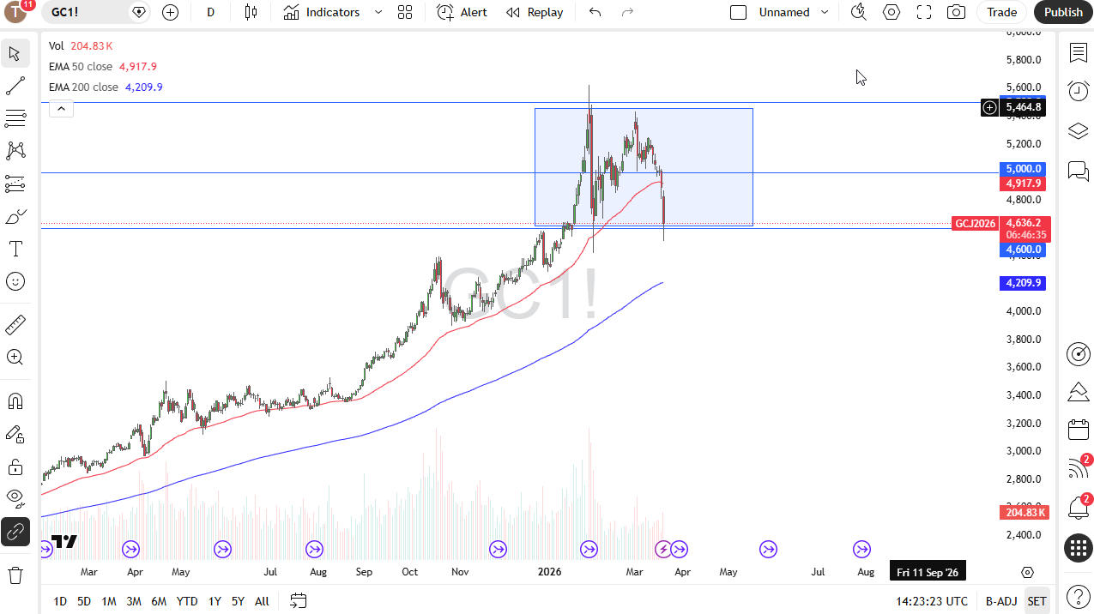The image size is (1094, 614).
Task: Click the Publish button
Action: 1063,12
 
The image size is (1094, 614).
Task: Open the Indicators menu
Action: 323,12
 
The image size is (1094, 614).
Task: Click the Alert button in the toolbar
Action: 462,12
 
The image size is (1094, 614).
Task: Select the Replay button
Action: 535,12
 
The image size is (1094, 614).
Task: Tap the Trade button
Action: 1001,12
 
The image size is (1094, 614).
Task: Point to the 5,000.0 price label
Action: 1024,169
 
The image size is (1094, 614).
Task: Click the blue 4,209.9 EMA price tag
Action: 1024,283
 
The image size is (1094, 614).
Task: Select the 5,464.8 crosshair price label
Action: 1024,107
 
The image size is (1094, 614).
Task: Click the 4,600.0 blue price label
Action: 1024,250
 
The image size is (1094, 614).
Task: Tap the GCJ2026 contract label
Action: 976,224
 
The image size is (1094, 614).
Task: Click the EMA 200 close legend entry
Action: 83,87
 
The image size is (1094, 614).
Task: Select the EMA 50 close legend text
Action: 81,66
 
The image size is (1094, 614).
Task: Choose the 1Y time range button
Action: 215,601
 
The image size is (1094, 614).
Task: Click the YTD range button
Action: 186,601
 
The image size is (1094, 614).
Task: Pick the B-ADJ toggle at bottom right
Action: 1000,601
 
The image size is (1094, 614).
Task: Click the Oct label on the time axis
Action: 409,572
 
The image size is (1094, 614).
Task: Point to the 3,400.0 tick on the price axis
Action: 1024,395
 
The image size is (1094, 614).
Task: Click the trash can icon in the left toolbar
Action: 15,575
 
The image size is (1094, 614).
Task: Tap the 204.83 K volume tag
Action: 1024,512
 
